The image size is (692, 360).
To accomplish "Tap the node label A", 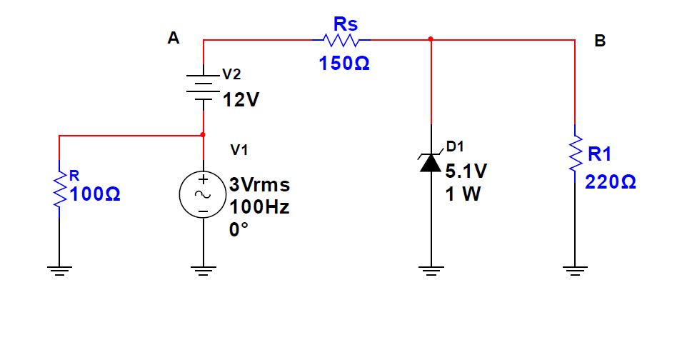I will tap(173, 39).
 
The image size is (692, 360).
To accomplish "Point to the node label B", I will tap(600, 41).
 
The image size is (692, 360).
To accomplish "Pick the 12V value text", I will tap(241, 99).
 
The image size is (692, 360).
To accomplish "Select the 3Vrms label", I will tap(259, 185).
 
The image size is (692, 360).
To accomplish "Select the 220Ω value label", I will tap(610, 181).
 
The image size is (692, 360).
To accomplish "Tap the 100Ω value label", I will tap(96, 194).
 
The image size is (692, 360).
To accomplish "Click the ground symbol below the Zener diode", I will tap(431, 269).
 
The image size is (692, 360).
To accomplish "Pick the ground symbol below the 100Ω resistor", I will tap(59, 269).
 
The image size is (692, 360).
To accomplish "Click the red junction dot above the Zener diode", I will tap(431, 40).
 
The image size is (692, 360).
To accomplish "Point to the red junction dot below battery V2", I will tap(204, 134).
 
